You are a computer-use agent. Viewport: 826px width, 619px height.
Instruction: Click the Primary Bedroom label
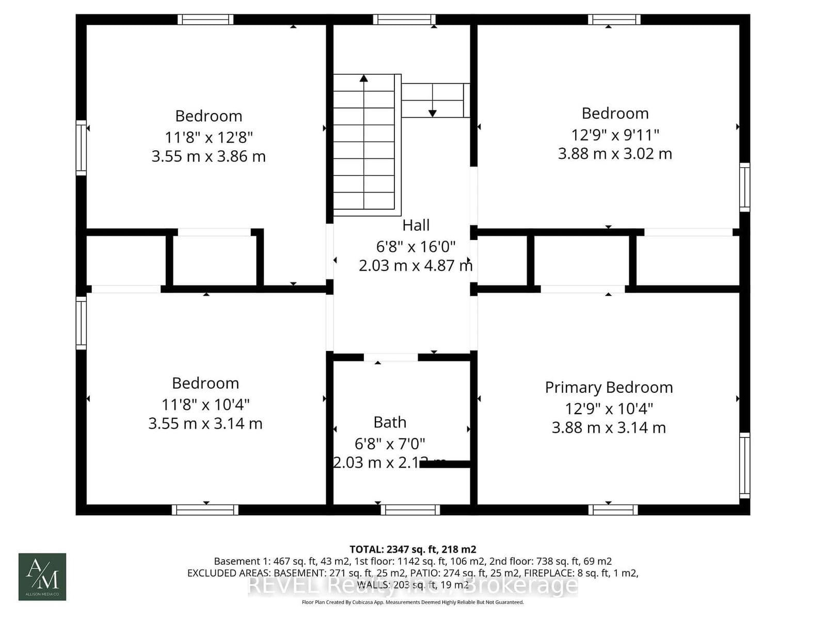coord(609,387)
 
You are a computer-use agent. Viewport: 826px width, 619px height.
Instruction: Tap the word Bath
coord(390,422)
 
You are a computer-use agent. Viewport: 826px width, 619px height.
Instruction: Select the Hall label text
coord(416,225)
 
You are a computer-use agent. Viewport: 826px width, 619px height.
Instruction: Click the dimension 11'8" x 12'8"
coord(209,137)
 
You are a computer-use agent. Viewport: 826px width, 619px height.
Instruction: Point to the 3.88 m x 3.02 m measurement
coord(615,154)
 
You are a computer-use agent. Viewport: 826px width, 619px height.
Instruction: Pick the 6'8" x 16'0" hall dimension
coord(416,247)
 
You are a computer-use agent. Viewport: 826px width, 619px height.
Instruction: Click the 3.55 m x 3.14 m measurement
coord(205,424)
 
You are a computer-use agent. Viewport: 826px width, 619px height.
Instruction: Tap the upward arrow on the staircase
coord(364,78)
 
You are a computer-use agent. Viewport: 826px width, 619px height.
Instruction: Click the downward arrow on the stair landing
coord(433,113)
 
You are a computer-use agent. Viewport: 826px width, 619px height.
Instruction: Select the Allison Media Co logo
coord(42,577)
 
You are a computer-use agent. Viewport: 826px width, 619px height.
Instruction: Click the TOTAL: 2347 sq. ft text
coord(412,549)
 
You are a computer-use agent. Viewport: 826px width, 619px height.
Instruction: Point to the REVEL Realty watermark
coord(413,585)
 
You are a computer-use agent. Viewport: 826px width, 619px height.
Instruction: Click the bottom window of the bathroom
coord(410,510)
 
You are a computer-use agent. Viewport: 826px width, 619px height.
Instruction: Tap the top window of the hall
coord(404,20)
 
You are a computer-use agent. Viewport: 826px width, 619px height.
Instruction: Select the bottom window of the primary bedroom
coord(613,510)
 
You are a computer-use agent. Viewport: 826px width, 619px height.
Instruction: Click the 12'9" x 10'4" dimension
coord(609,409)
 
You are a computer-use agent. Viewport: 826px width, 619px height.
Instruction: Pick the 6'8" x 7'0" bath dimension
coord(390,443)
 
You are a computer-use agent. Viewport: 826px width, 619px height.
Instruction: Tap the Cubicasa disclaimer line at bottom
coord(412,602)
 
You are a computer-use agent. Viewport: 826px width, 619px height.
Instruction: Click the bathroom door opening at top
coord(391,357)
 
